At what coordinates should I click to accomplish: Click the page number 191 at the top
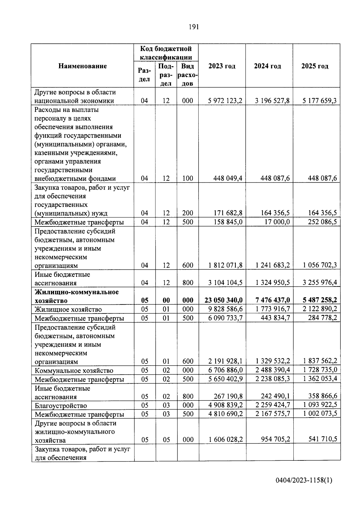tap(194, 27)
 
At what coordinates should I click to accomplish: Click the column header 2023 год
tap(222, 66)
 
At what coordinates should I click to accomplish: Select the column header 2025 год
tap(315, 66)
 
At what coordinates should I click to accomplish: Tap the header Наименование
tap(82, 66)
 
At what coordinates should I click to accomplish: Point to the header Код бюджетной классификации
tap(166, 52)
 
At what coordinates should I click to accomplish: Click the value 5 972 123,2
tap(225, 101)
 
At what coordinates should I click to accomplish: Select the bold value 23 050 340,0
tap(223, 300)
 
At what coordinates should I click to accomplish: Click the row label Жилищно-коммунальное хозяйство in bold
tap(76, 296)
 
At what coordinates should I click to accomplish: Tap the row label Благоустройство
tap(61, 406)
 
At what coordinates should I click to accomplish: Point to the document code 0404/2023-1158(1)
tap(304, 480)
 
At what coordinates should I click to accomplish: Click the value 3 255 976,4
tap(319, 283)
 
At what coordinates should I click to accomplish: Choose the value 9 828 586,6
tap(225, 309)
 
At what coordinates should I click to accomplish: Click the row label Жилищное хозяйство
tap(68, 309)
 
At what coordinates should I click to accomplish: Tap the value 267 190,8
tap(228, 397)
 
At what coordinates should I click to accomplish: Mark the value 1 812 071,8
tap(225, 265)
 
